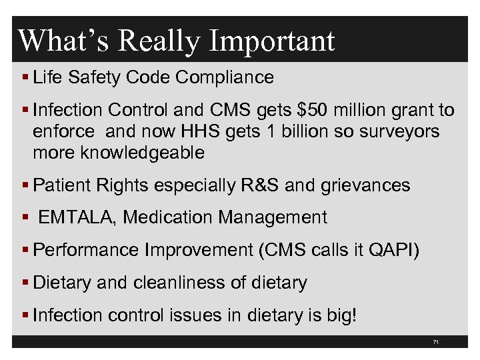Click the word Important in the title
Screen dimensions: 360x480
(x=271, y=41)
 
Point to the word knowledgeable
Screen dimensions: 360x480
(x=142, y=153)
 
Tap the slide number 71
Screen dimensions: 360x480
(x=435, y=342)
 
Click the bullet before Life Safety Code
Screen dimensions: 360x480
(x=24, y=78)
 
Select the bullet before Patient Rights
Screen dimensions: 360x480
(x=24, y=185)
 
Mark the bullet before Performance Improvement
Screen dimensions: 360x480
(x=24, y=251)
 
